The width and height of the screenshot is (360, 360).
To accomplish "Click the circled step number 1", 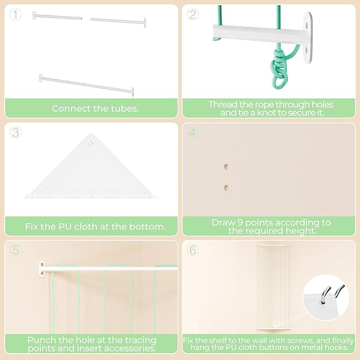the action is pos(15,14).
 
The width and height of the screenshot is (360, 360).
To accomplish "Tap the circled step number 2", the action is pos(192,14).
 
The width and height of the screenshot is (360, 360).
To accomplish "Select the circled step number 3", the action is pos(15,133).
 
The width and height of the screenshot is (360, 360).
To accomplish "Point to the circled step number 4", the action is pos(192,133).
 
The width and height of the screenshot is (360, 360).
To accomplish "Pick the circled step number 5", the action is pos(15,250).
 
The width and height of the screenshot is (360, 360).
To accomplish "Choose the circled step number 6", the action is pos(192,250).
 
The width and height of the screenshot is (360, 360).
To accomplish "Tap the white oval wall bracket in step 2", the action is pos(308,38).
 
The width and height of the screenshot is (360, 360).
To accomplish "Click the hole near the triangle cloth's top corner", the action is pos(91,144).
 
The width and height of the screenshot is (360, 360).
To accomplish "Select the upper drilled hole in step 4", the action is pos(226,166).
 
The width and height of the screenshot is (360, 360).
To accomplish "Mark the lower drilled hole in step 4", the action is pos(226,188).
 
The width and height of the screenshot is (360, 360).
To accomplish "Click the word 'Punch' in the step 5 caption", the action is pos(41,340).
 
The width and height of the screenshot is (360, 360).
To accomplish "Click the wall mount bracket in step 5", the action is pos(41,269).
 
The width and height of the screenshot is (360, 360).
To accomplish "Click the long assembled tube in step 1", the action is pos(86,85).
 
